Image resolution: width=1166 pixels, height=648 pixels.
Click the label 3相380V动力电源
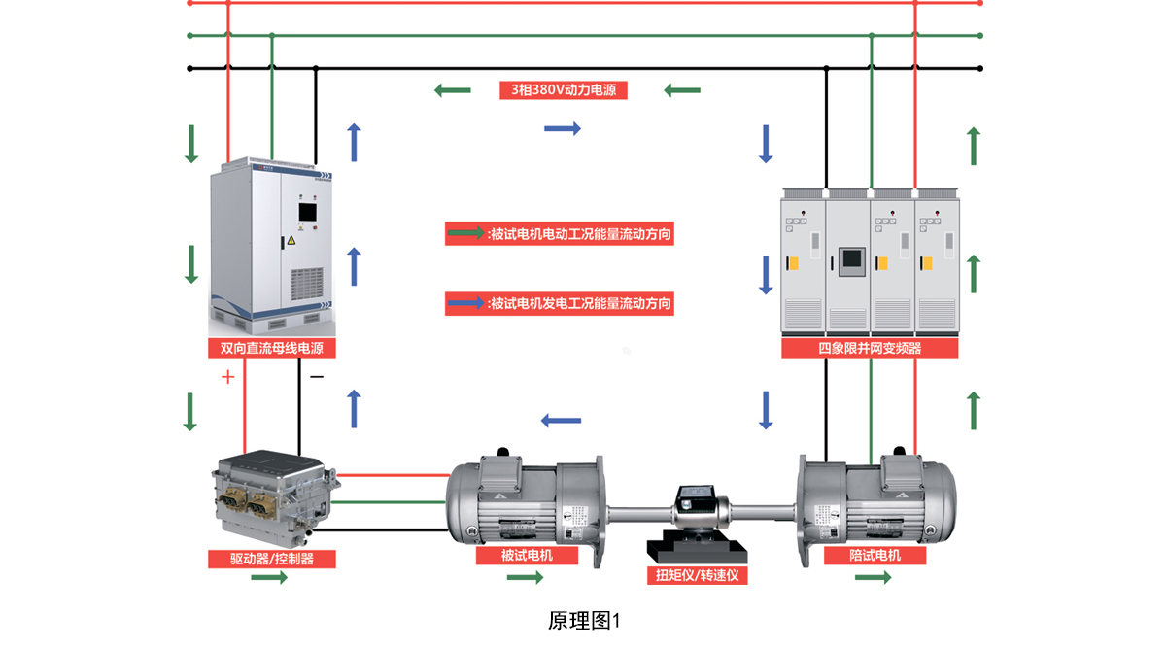(564, 90)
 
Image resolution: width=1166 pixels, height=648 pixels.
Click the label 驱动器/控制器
(271, 559)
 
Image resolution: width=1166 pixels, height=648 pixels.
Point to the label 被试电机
(527, 556)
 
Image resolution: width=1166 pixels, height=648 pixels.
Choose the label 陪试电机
(874, 556)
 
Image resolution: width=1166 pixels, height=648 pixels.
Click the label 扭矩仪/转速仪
(697, 575)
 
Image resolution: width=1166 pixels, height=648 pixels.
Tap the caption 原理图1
(583, 620)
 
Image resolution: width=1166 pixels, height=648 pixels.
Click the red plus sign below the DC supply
(228, 377)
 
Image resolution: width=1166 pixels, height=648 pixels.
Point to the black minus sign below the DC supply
(316, 376)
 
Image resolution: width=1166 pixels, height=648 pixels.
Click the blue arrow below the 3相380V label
(563, 128)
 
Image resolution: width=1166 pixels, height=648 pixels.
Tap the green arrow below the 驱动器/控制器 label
(269, 578)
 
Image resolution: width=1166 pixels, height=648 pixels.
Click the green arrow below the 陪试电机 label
(874, 578)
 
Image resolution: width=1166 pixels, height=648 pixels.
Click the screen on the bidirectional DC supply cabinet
(306, 213)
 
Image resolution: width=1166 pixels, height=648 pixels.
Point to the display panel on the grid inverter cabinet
(851, 260)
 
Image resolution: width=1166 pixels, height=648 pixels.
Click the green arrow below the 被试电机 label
(526, 578)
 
